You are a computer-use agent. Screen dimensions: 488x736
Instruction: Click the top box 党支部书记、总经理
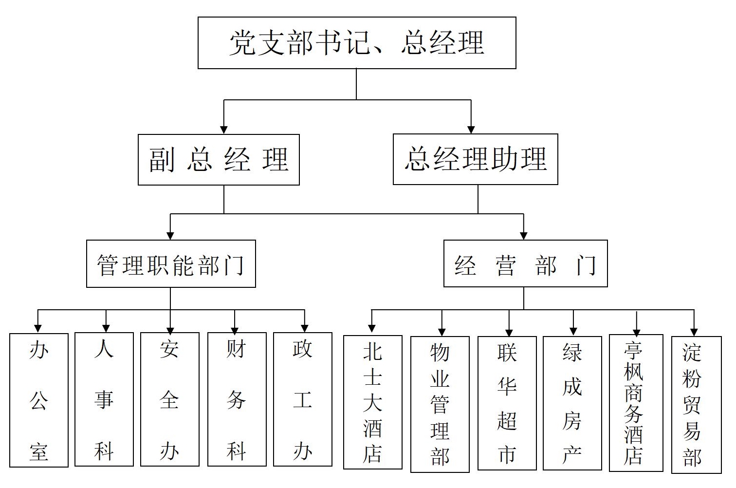pos(357,43)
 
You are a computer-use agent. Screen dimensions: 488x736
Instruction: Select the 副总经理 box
pos(219,160)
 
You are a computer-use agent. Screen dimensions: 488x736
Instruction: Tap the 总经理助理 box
pos(475,159)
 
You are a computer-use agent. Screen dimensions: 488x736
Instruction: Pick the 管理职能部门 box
pos(171,264)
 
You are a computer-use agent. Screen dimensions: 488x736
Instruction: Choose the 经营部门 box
pos(525,264)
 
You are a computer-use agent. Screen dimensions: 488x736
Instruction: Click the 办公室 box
pos(39,400)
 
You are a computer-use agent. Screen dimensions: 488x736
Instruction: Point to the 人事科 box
pos(104,400)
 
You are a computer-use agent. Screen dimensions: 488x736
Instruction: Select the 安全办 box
pos(170,400)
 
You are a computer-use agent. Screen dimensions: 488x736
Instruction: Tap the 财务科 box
pos(237,400)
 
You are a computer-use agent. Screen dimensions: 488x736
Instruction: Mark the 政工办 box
pos(303,400)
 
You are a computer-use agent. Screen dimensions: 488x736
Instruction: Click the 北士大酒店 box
pos(373,402)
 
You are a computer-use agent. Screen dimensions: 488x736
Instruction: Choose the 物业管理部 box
pos(440,404)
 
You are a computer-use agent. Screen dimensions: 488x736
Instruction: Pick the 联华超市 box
pos(507,403)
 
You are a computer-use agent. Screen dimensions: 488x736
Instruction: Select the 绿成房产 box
pos(572,403)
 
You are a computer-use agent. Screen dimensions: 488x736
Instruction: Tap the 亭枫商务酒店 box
pos(636,403)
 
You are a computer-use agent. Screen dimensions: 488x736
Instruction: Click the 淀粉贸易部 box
pos(696,405)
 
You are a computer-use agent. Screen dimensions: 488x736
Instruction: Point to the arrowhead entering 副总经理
pos(224,129)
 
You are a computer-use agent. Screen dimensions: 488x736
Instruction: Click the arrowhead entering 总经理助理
pos(471,129)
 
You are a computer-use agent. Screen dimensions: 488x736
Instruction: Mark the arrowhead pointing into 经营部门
pos(524,235)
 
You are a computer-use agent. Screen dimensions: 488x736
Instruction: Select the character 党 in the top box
pos(243,43)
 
